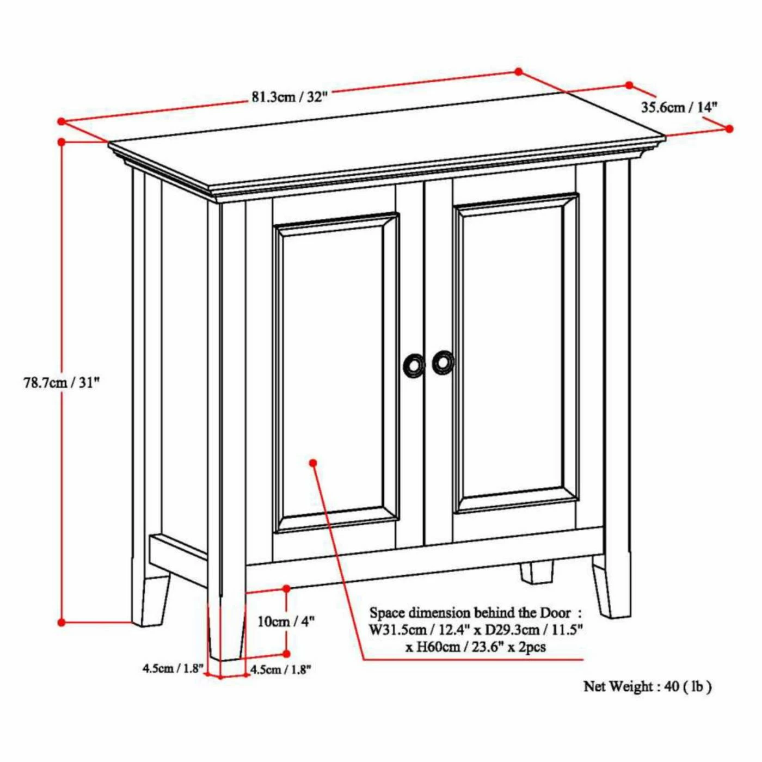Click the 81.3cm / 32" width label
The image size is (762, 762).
(290, 97)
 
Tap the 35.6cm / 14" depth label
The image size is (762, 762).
(679, 107)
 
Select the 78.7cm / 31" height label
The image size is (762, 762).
(62, 382)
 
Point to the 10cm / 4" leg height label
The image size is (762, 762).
(286, 621)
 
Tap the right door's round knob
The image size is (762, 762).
(443, 362)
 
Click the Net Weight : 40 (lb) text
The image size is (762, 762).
(647, 686)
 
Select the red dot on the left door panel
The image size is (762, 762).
(313, 463)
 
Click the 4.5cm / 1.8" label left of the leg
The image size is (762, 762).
(173, 668)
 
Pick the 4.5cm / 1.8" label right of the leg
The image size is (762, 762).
(280, 669)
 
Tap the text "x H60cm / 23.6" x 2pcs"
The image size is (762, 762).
(475, 647)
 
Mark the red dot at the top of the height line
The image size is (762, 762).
(62, 142)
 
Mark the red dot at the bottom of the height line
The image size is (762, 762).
(62, 622)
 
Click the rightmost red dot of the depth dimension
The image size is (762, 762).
(729, 128)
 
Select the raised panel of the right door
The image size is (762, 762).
(515, 353)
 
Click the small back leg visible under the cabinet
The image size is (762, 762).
(536, 573)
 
